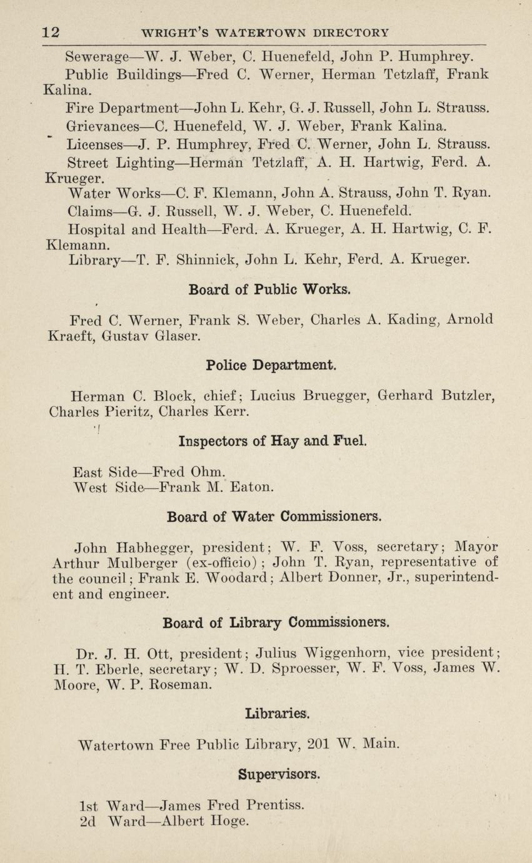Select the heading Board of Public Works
tap(269, 290)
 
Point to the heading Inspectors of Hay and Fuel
tap(273, 441)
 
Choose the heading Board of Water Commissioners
tap(274, 517)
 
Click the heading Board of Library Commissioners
tap(276, 623)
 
